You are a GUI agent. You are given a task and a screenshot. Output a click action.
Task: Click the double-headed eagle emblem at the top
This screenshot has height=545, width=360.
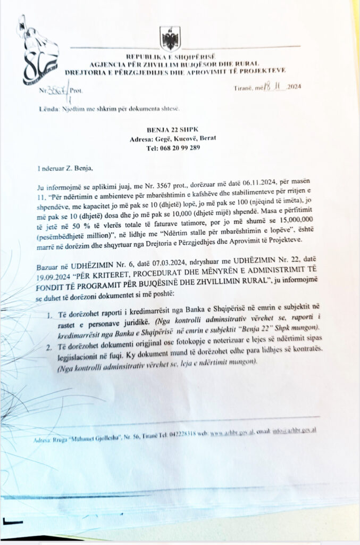[x=170, y=38]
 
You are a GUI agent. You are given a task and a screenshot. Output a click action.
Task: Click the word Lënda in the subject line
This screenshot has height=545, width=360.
[x=48, y=108]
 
